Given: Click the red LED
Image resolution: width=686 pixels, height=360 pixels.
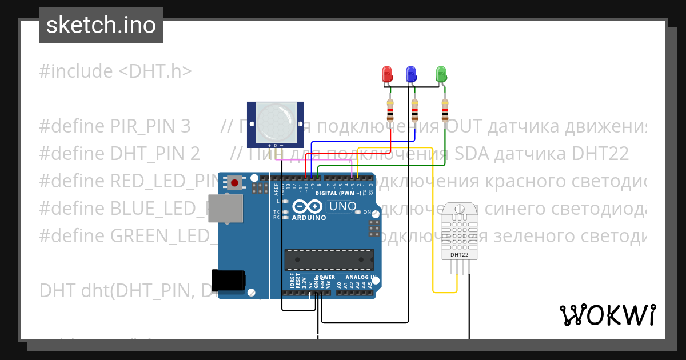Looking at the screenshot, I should click(x=387, y=74).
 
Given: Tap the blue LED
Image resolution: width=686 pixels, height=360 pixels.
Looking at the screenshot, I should click(x=410, y=74).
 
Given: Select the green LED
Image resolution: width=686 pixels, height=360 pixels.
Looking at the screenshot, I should click(x=441, y=74).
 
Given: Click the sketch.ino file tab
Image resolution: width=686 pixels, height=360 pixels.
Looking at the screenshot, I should click(x=101, y=25).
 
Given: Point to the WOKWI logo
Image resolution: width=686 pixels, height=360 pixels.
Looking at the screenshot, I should click(x=607, y=315).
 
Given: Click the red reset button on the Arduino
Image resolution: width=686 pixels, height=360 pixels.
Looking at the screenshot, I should click(x=234, y=183).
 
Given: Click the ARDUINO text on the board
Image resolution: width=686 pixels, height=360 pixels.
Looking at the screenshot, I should click(x=309, y=218).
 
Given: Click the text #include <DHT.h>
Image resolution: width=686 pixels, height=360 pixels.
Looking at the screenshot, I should click(x=115, y=71).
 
